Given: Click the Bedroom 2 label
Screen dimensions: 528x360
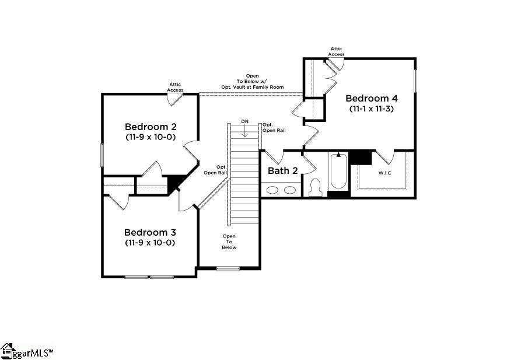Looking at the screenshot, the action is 151,127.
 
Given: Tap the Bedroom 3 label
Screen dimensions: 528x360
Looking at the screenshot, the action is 150,232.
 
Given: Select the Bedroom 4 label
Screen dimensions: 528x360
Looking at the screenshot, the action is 372,99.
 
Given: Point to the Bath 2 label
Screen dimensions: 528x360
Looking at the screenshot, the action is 283,171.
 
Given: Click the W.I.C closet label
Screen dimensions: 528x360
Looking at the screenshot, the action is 385,173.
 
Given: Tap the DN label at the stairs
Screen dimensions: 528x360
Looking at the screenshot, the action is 245,121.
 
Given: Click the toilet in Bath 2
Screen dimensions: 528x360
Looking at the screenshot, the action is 316,187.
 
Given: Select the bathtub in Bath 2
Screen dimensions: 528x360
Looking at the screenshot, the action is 338,171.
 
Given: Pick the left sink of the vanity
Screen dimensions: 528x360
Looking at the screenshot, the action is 272,190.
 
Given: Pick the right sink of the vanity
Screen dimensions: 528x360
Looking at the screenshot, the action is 290,190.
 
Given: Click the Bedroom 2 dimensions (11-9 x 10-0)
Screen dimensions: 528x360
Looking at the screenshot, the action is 151,137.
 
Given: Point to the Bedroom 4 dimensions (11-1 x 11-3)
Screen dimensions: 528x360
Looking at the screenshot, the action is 372,109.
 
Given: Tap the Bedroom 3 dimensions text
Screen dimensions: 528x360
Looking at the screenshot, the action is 150,243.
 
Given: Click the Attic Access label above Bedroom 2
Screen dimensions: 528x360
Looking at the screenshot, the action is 175,87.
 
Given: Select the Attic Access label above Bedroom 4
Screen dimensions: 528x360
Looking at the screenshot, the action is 337,51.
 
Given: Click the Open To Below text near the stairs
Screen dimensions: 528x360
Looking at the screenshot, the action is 229,242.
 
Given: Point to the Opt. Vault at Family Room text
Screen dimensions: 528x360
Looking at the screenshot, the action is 252,87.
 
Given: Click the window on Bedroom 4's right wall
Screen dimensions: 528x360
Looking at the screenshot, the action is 415,81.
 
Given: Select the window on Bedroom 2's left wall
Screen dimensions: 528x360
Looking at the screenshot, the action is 102,155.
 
